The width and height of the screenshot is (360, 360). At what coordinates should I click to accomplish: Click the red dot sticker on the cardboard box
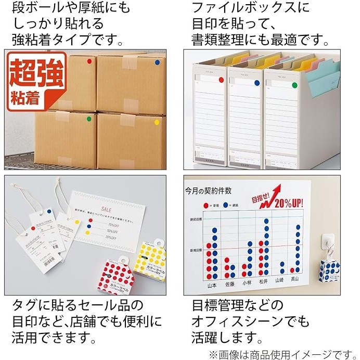[89, 61]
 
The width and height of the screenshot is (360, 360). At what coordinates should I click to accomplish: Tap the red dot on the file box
[221, 80]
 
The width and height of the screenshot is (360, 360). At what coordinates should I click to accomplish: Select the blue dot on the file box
[256, 82]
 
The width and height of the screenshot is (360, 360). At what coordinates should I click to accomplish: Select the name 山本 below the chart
[212, 285]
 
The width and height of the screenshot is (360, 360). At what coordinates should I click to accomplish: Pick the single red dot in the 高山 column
[297, 271]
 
